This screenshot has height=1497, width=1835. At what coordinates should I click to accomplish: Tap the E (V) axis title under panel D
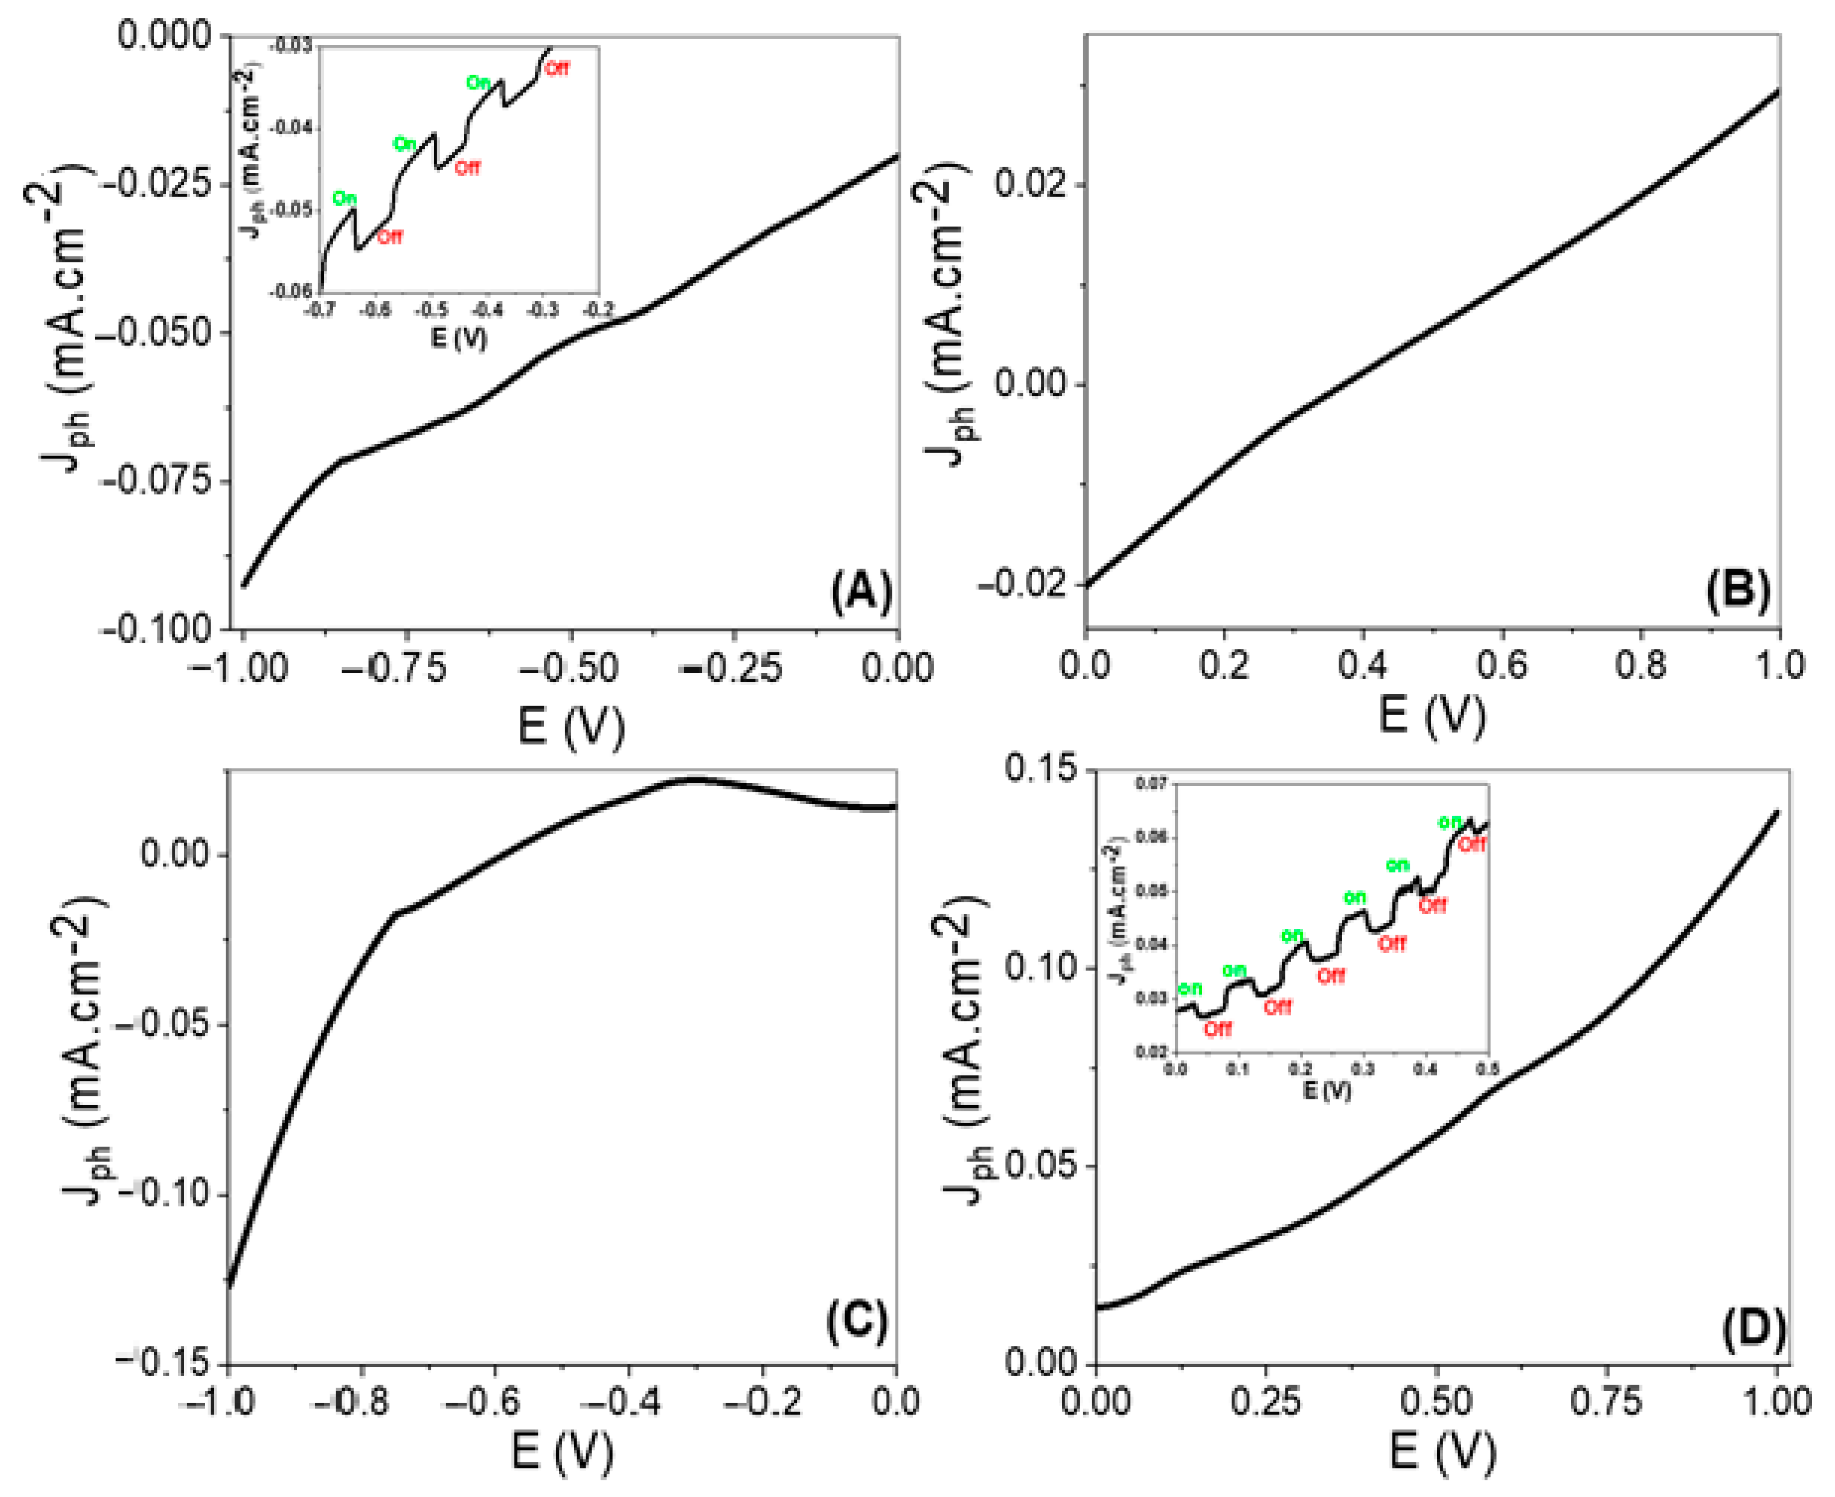click(x=1442, y=1454)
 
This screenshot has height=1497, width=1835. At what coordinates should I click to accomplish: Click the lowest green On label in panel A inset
click(x=344, y=199)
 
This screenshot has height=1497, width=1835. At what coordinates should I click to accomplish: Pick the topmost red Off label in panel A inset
click(x=557, y=68)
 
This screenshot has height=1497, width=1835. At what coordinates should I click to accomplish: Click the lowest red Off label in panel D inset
click(x=1217, y=1029)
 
